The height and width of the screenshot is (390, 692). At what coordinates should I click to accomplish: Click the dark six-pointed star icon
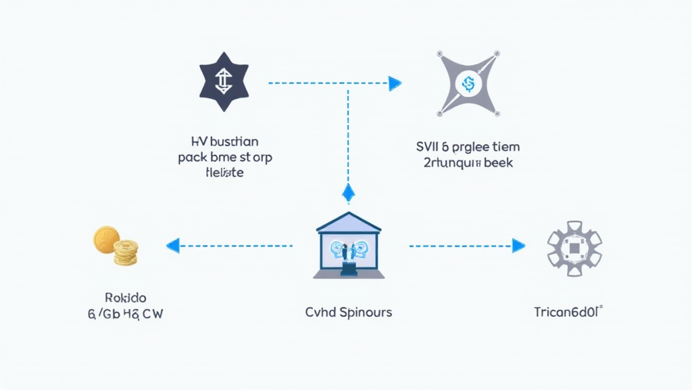coord(223,84)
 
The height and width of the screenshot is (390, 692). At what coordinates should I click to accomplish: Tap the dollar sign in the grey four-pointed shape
coord(466,84)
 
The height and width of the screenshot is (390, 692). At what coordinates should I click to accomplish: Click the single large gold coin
coord(106,240)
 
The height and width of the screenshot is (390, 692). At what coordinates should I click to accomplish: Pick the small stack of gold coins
coord(125,253)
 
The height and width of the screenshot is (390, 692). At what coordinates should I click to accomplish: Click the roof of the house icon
coord(349,221)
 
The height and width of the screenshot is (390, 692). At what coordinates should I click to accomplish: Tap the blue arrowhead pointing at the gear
coord(518,245)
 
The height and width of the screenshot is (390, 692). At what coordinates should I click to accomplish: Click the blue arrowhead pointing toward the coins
coord(172,245)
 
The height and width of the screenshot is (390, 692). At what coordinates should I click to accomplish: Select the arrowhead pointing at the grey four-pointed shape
coord(395,83)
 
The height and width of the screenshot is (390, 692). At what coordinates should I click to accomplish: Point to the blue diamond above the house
coord(348,193)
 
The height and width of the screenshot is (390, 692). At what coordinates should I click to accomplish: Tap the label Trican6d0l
coord(567,313)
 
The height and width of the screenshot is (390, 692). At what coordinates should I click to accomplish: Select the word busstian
coord(234,142)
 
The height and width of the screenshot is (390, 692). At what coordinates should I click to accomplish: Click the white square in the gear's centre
coord(574,248)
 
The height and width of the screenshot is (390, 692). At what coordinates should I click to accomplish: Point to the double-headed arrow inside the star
coord(223,84)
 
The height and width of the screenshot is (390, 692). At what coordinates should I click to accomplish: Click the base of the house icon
coord(349,274)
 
